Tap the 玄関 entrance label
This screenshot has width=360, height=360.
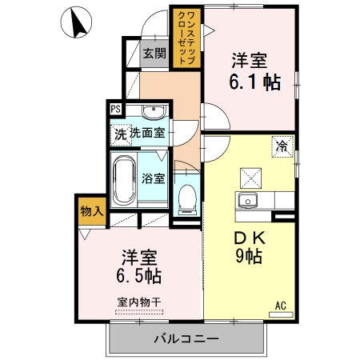[154, 54]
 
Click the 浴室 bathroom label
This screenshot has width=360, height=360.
[154, 178]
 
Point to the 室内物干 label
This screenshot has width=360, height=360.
[139, 302]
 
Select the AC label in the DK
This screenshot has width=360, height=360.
[281, 305]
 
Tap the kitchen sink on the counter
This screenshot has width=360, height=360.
[246, 200]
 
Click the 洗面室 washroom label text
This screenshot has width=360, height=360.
[147, 133]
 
